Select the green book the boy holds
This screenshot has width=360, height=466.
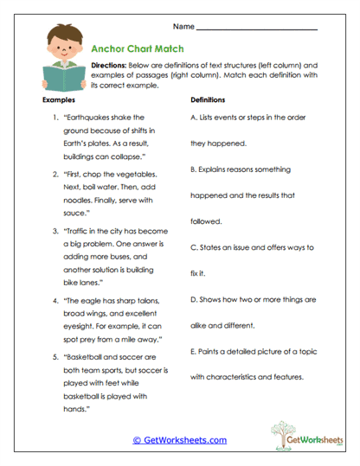60,81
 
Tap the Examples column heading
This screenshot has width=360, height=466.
59,100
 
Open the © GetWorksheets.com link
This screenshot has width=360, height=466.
180,440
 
